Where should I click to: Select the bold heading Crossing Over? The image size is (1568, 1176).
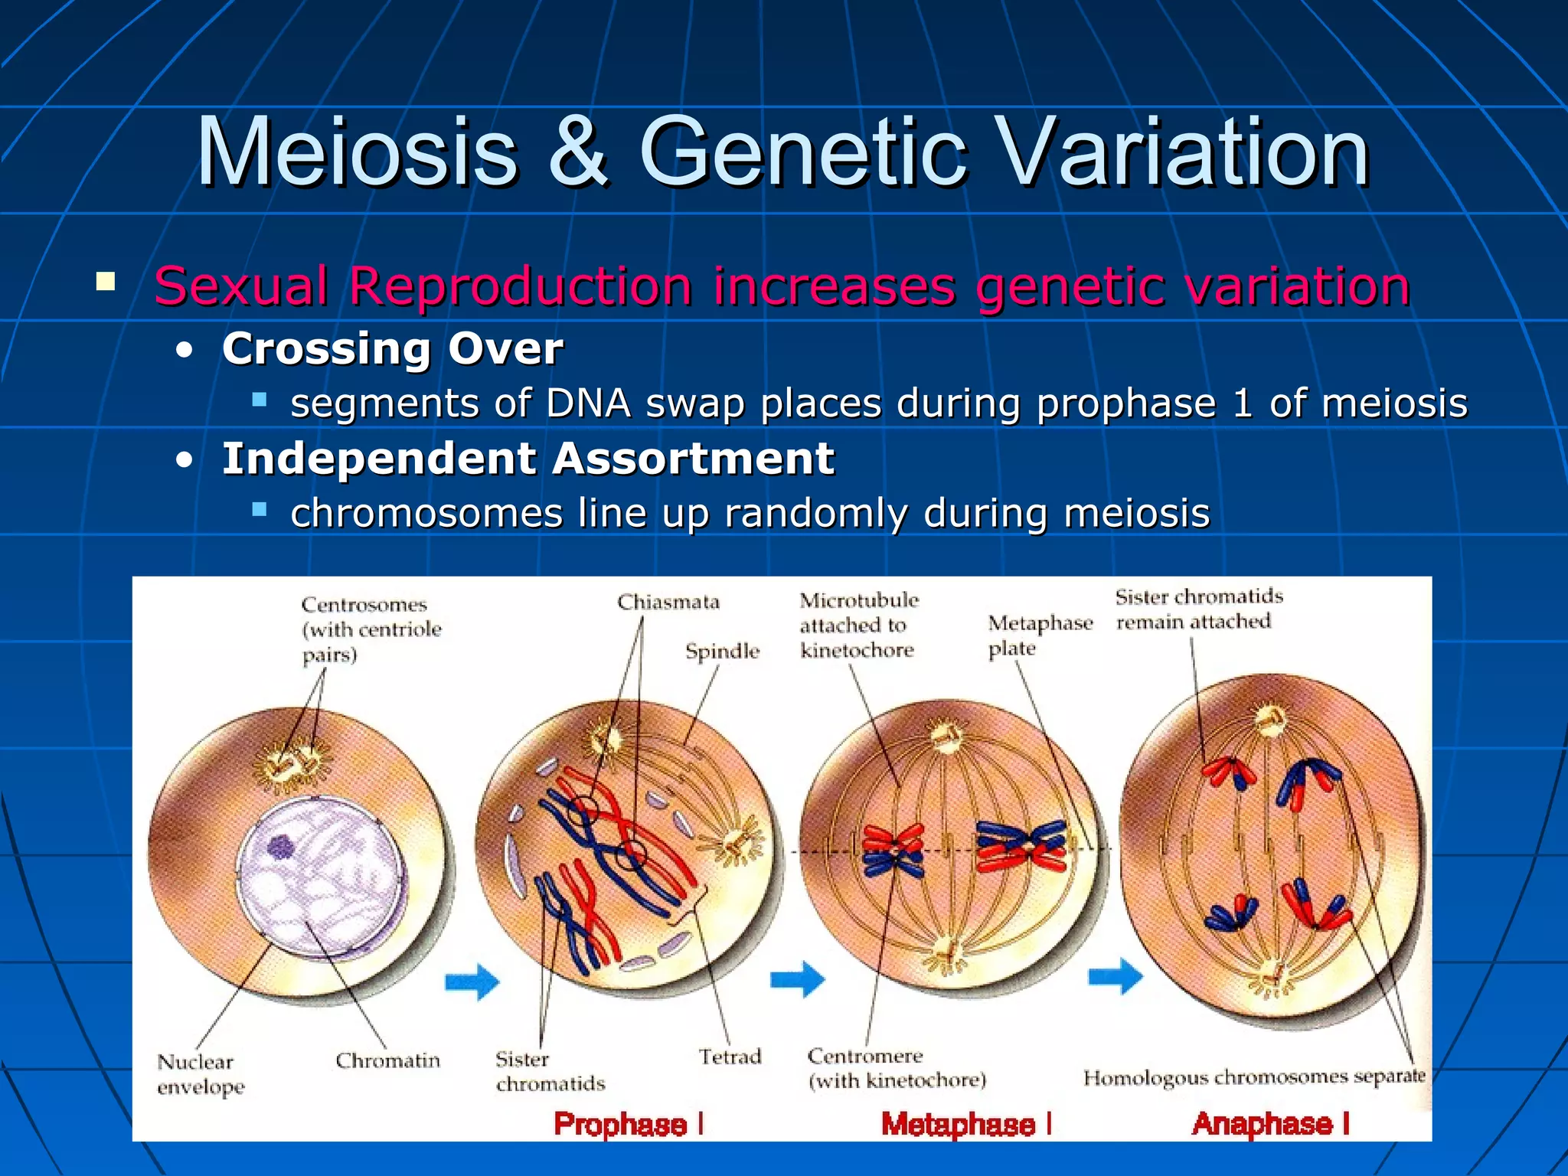point(392,349)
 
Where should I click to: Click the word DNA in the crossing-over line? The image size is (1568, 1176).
point(588,403)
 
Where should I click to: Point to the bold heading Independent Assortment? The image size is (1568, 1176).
point(528,459)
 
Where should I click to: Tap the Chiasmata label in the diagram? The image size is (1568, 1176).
point(668,603)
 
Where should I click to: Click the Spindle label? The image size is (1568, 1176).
point(722,652)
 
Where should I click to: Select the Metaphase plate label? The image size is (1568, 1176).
point(1040,635)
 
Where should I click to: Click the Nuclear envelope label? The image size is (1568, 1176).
point(201,1073)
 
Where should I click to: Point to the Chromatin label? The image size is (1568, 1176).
point(387,1060)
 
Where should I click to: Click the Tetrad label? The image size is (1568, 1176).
point(730,1057)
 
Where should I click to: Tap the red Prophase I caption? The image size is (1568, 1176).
point(628,1124)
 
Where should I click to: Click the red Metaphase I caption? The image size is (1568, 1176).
point(966,1124)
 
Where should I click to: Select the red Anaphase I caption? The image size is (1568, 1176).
point(1270,1123)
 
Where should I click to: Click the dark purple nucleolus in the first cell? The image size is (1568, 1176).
point(281,847)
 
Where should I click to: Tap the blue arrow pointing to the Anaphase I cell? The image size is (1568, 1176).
point(1115,976)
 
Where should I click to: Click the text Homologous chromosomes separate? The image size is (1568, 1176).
point(1253,1077)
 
